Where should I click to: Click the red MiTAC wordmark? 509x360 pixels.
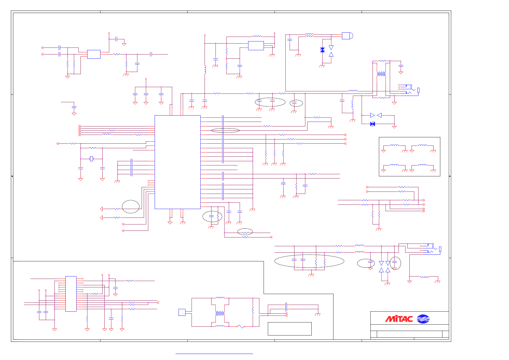399,319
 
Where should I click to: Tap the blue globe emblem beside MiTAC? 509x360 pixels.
423,319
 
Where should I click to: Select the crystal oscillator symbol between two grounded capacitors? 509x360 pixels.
92,159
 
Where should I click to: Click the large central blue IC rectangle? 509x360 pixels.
177,162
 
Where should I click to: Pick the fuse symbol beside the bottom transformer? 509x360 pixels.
241,326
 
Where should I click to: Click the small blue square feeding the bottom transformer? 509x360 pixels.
182,312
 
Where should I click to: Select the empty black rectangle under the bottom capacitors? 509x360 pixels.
290,329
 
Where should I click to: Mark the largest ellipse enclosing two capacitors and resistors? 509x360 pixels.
309,261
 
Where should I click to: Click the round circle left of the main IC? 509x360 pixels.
131,207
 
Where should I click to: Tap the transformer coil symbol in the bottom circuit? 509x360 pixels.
220,314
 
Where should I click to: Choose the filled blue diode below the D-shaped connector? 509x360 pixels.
323,50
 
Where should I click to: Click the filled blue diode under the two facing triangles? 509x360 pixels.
373,124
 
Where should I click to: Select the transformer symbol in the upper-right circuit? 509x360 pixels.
381,74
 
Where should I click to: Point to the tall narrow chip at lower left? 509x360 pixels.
71,293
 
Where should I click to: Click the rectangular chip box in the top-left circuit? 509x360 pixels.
94,54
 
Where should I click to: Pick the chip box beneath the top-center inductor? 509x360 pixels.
256,46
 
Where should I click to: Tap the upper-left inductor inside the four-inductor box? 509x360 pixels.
394,146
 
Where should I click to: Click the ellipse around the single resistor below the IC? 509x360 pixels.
245,232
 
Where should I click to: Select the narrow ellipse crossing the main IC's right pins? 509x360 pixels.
225,130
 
